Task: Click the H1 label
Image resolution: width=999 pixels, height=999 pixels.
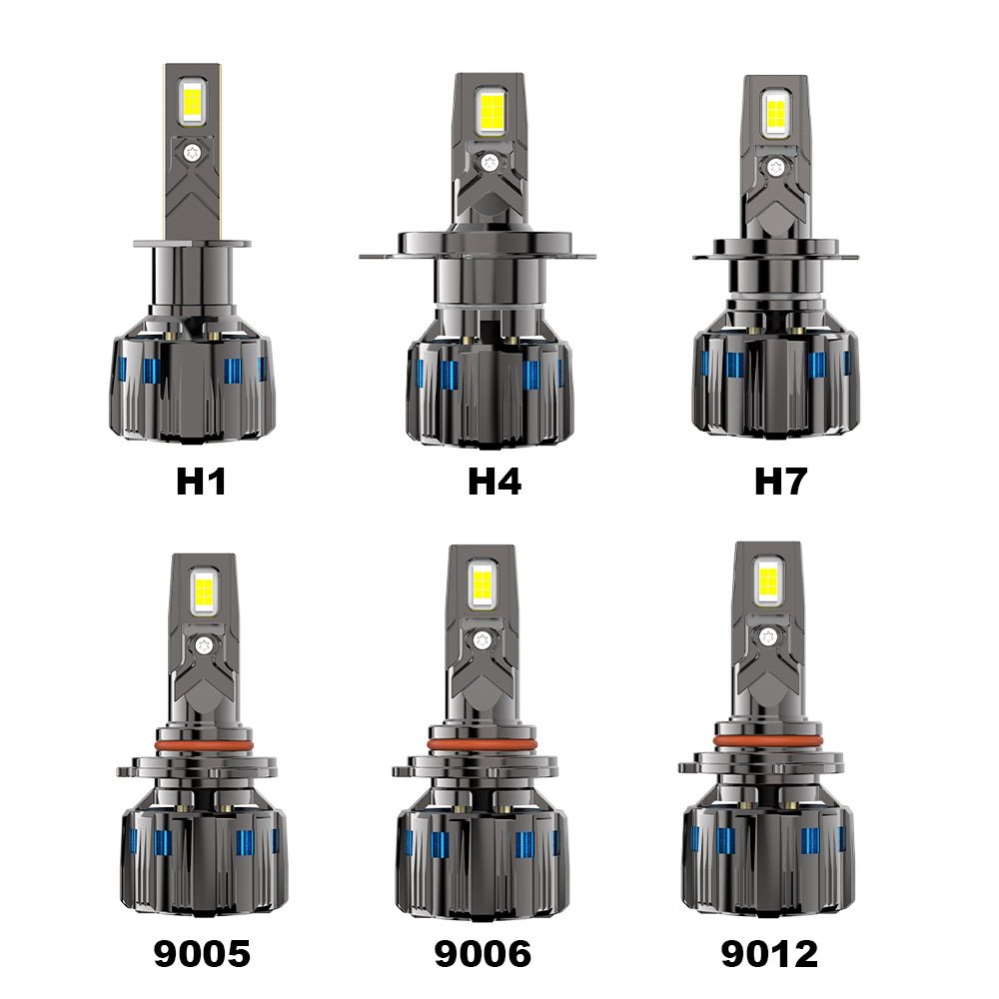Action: [x=202, y=482]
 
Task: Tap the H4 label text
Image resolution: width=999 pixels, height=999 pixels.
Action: [x=495, y=482]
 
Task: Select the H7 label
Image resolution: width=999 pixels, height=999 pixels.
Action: [x=780, y=482]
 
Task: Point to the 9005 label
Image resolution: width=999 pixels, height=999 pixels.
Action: [x=202, y=954]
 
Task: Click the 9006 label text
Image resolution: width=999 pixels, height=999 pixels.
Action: [x=483, y=954]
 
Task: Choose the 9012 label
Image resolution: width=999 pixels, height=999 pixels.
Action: [x=769, y=954]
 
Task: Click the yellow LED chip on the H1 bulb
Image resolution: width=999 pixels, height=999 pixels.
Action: [x=192, y=104]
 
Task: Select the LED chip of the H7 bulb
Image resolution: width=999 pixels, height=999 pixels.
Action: [x=775, y=115]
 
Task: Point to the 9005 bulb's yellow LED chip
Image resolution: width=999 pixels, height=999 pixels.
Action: [x=204, y=590]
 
